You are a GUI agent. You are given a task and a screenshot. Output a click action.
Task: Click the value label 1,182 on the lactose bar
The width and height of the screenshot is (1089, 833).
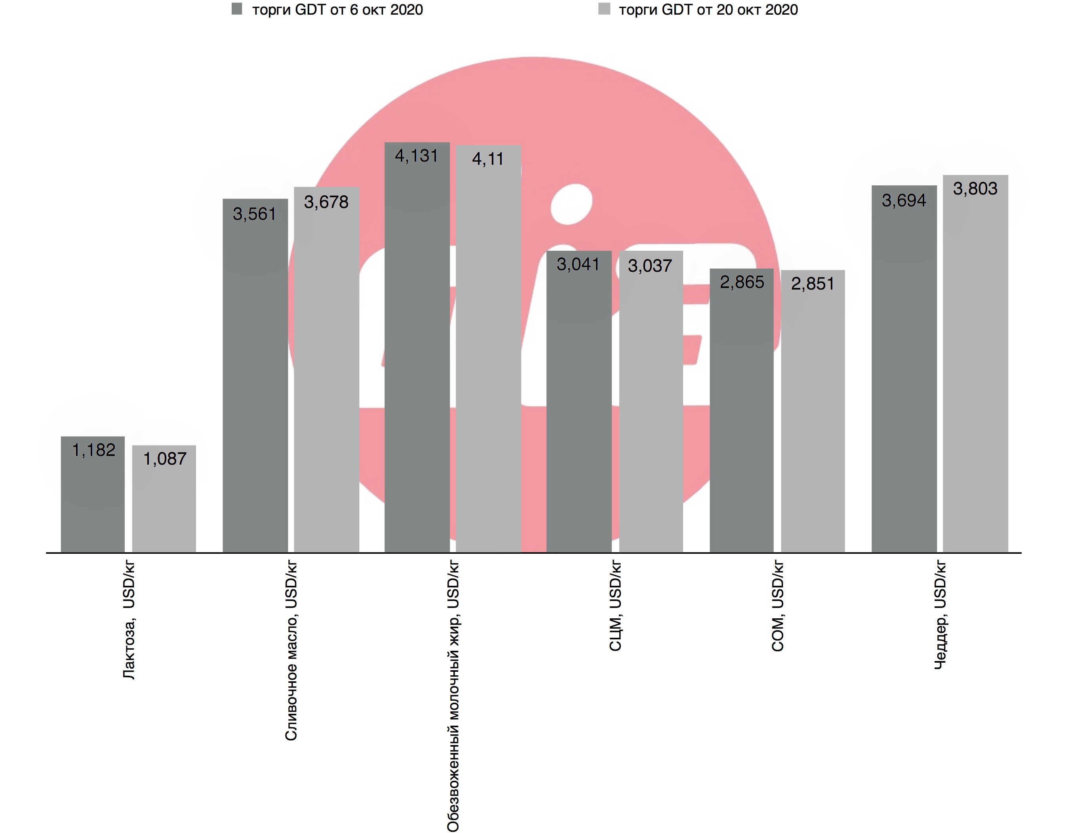click(94, 450)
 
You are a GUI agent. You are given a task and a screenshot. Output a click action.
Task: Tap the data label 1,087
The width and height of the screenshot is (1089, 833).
click(165, 459)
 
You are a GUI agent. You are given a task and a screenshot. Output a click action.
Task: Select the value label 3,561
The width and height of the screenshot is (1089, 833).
click(254, 214)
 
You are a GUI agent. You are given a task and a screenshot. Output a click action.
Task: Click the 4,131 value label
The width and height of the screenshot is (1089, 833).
click(416, 156)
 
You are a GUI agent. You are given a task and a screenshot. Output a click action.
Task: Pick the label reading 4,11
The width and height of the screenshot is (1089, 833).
click(488, 159)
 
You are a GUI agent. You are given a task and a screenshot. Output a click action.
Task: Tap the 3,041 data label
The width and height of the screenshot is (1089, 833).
click(578, 264)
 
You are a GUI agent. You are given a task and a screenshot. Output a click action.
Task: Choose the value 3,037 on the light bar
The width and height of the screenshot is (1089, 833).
click(650, 266)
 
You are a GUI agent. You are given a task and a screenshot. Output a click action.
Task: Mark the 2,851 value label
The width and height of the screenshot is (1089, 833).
click(813, 284)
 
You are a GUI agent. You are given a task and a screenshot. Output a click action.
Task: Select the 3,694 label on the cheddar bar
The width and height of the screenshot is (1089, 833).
click(904, 201)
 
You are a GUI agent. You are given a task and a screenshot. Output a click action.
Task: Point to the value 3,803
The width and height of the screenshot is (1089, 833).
click(975, 189)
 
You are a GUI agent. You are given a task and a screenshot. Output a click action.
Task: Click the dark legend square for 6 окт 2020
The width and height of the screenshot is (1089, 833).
click(237, 9)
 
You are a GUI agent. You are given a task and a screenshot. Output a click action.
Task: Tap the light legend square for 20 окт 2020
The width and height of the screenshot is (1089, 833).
click(604, 9)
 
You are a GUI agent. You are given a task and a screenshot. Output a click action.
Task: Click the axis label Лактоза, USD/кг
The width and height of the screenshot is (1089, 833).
click(129, 620)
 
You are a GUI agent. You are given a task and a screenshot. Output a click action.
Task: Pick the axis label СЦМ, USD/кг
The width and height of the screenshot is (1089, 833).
click(615, 606)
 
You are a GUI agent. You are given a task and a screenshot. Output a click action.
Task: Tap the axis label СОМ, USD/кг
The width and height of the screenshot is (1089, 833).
click(778, 606)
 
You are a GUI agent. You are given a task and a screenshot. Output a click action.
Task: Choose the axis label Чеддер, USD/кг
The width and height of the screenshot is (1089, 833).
click(940, 615)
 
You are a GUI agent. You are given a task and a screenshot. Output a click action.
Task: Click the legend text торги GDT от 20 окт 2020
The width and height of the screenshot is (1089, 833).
click(708, 10)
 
